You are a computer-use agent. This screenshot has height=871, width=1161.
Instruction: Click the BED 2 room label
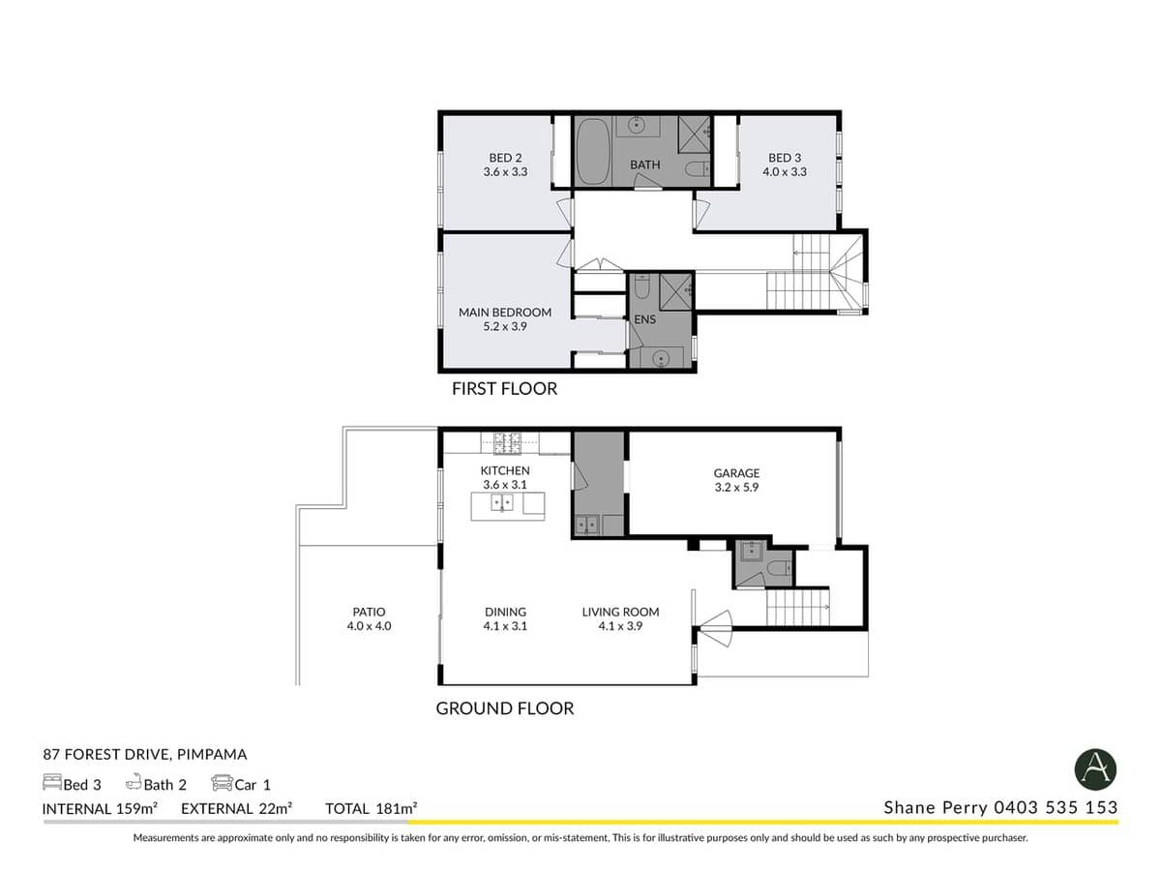coord(505,158)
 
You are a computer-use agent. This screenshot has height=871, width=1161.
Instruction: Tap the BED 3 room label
coord(785,158)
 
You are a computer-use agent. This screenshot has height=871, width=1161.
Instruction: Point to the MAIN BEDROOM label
coord(505,313)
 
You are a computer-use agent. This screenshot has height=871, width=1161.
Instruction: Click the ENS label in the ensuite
coord(644,319)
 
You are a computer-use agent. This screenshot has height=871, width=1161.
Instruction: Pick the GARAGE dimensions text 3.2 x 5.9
coord(736,488)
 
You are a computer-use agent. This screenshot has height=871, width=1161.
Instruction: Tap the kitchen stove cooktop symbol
coord(508,443)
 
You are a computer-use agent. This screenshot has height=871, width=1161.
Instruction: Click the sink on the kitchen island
coord(502,502)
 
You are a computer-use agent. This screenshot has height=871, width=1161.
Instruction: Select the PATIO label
coord(369,612)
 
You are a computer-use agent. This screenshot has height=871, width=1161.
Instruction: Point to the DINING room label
coord(505,612)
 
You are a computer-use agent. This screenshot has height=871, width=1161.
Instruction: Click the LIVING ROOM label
coord(620,612)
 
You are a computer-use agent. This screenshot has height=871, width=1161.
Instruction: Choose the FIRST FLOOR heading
coord(504,389)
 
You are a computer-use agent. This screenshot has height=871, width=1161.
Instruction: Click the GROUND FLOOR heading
coord(504,708)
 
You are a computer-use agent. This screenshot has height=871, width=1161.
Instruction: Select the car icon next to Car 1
coord(222,783)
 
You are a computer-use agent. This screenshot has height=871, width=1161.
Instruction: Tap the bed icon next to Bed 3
coord(52,783)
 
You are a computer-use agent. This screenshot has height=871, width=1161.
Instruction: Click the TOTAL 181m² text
coord(372,807)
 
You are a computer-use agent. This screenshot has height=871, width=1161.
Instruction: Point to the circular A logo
coord(1095,770)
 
